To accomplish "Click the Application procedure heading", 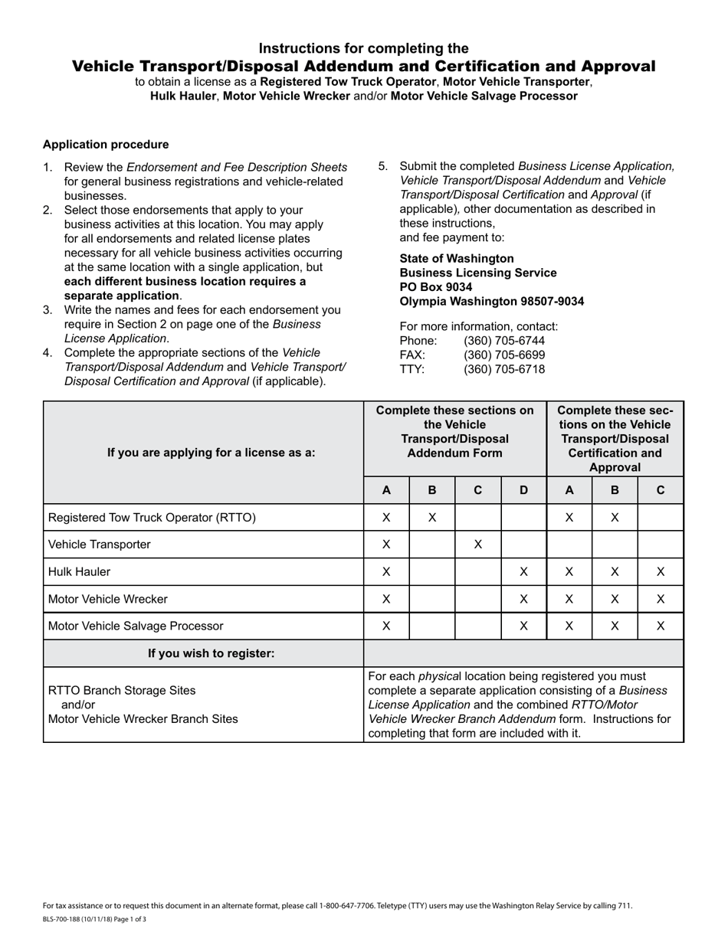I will click(106, 145).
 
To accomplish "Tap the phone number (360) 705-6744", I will click(504, 340).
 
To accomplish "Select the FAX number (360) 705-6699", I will click(504, 355).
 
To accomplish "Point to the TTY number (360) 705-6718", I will click(504, 369).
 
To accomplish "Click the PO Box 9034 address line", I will click(436, 287).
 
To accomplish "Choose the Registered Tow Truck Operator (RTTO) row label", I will click(152, 518).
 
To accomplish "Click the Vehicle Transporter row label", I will click(100, 545).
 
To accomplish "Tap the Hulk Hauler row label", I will click(79, 572).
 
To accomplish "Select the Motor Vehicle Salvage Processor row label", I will click(136, 626).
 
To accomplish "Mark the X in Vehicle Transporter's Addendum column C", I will click(477, 545).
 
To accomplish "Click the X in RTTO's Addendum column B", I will click(432, 518).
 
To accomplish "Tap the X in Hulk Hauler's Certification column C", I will click(661, 572).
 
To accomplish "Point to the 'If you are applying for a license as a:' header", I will click(211, 453).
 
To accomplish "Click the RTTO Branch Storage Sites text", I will click(122, 690).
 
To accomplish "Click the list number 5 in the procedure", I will click(383, 166).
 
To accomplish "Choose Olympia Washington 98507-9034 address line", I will click(492, 302).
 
